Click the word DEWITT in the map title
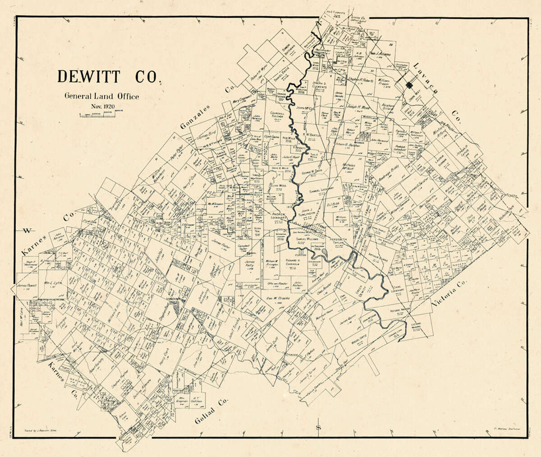[89, 77]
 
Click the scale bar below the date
[97, 115]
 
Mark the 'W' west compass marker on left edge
[27, 231]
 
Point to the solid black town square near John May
[409, 85]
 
